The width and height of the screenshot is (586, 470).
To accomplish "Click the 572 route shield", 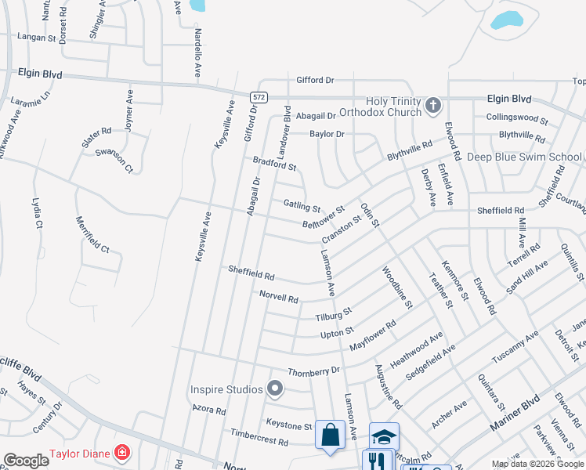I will pyautogui.click(x=256, y=96).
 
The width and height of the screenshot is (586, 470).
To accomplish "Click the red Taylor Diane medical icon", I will pyautogui.click(x=121, y=452).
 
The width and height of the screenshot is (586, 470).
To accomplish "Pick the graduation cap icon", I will pyautogui.click(x=384, y=436).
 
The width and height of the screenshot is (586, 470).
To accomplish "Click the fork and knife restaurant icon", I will pyautogui.click(x=377, y=461).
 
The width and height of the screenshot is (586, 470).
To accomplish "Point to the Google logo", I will pyautogui.click(x=26, y=461).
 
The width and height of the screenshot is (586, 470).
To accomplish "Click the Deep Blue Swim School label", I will pyautogui.click(x=524, y=157).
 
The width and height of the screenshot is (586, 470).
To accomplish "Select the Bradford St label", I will pyautogui.click(x=274, y=164).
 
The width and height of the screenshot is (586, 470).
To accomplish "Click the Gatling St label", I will pyautogui.click(x=302, y=206).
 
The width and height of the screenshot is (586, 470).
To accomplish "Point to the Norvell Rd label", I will pyautogui.click(x=279, y=298).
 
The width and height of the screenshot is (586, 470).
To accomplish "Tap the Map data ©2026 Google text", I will pyautogui.click(x=537, y=464).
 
